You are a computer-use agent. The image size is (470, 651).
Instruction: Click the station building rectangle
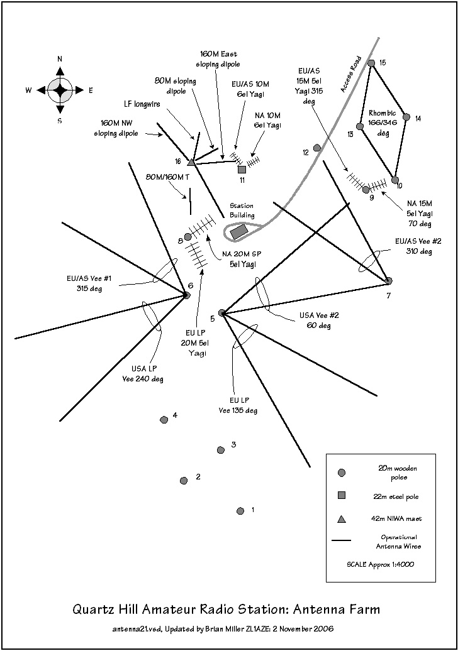(x=239, y=232)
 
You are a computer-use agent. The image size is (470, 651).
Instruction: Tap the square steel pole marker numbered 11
(x=242, y=170)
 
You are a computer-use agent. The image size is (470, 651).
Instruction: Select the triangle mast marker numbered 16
(x=191, y=162)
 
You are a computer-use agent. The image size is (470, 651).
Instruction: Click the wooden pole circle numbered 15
(x=371, y=63)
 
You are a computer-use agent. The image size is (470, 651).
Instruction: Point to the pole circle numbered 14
(x=406, y=118)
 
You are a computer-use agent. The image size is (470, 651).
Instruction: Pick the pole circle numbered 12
(x=316, y=148)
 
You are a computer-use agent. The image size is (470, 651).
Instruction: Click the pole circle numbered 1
(x=240, y=511)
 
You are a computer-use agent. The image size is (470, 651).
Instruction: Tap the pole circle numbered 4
(x=164, y=420)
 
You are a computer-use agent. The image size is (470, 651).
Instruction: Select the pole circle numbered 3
(x=221, y=450)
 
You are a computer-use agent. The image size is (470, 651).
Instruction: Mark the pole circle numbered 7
(x=389, y=281)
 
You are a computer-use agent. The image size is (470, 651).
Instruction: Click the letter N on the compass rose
(x=60, y=59)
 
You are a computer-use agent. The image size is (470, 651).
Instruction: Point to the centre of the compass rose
(x=60, y=90)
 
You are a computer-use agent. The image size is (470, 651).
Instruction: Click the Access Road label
(x=350, y=74)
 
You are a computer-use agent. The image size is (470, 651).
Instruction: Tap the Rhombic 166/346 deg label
(x=383, y=123)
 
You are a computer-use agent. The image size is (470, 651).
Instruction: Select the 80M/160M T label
(x=167, y=177)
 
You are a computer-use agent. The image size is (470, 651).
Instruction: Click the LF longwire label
(x=142, y=104)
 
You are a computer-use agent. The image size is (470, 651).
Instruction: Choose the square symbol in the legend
(x=342, y=495)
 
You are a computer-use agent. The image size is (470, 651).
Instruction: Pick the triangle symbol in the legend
(x=342, y=519)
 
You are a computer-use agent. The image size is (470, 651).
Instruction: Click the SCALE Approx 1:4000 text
(x=380, y=565)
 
